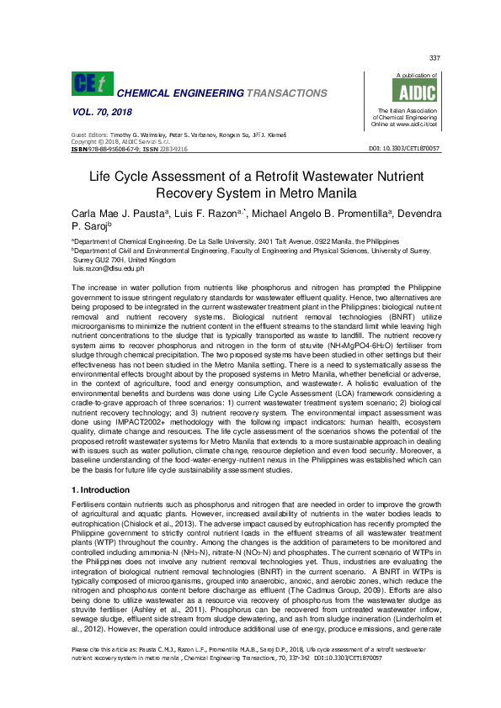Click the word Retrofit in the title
(255, 177)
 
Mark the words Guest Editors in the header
(89, 135)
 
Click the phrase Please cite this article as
(109, 674)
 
